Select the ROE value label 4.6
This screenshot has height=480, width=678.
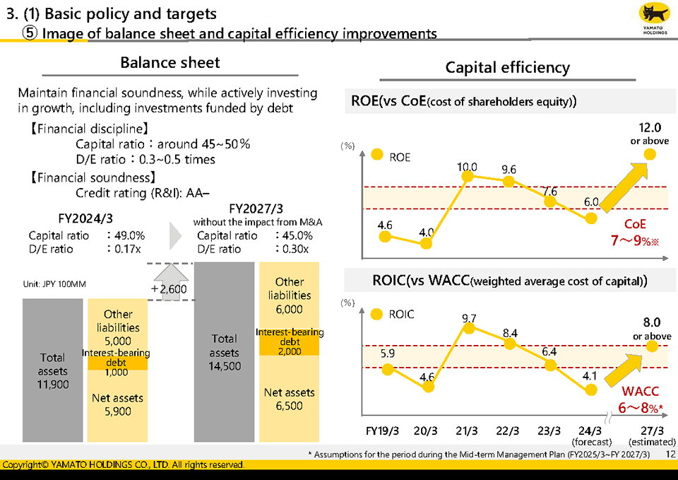click(x=385, y=226)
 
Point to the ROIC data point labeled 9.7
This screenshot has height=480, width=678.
click(x=467, y=327)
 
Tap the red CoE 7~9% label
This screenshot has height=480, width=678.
click(x=634, y=233)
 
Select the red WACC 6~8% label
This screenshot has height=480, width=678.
click(x=641, y=400)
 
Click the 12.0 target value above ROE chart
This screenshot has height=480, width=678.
click(x=649, y=128)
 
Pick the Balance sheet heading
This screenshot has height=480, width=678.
click(x=169, y=62)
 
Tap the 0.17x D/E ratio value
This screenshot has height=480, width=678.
click(x=129, y=249)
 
